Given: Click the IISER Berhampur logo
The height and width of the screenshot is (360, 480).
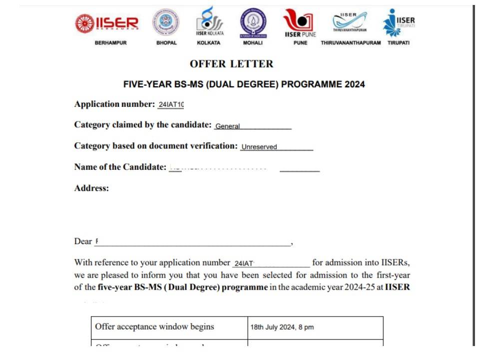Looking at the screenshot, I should (x=107, y=22).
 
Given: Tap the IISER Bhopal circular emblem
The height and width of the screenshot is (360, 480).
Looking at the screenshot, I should (x=166, y=22).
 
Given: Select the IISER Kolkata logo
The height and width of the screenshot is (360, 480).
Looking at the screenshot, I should (x=209, y=21).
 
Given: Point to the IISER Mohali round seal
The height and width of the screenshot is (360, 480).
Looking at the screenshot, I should (x=253, y=22).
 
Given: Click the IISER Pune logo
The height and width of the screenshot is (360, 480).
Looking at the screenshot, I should (x=300, y=22).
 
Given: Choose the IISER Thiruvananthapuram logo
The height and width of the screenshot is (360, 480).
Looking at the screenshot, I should (x=350, y=21).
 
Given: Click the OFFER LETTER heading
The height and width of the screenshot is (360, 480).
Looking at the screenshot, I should (x=231, y=64).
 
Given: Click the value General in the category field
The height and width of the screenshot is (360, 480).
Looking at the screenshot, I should (x=227, y=126).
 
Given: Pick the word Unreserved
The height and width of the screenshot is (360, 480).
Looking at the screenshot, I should (x=259, y=147).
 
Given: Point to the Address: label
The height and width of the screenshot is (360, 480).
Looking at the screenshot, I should (x=91, y=188).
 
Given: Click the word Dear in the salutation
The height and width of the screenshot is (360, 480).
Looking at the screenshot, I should (x=83, y=242).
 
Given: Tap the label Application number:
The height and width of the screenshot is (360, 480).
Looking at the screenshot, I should (x=114, y=104).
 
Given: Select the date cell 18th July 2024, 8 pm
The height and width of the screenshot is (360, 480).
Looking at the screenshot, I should (x=282, y=328).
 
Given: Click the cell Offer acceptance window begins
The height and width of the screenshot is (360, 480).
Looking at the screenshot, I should (x=154, y=327).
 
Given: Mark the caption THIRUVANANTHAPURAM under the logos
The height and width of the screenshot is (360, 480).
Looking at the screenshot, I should (x=351, y=43).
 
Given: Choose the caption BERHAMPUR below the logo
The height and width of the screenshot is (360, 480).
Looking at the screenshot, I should (x=110, y=43).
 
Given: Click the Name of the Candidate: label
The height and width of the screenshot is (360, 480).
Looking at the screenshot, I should (x=120, y=167).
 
